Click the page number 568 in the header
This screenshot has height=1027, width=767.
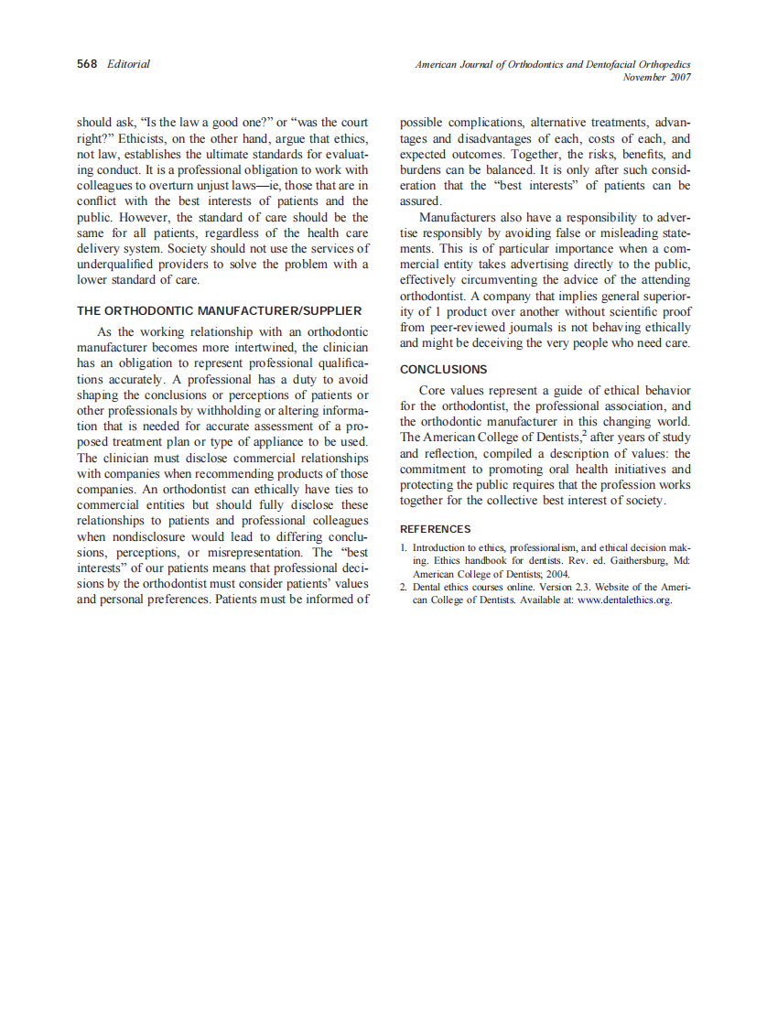88,64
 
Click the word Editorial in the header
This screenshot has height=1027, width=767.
128,64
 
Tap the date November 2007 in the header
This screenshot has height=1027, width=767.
656,78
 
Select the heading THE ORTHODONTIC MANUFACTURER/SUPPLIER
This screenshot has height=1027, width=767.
219,310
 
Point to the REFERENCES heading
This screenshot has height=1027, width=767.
436,529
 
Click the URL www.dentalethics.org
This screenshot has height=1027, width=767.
625,600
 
